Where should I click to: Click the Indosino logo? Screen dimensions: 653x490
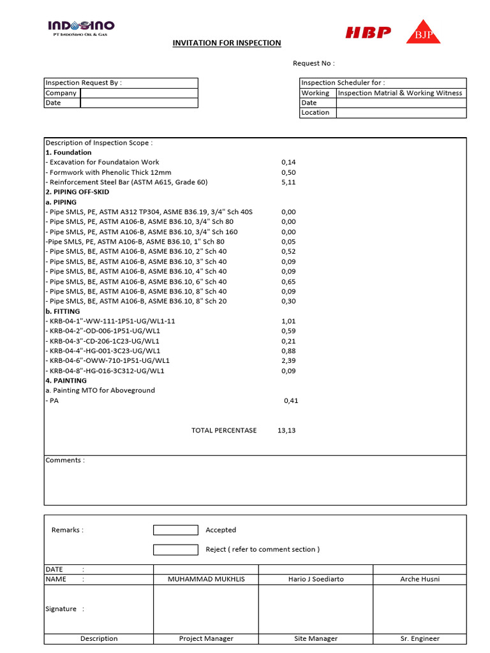point(82,27)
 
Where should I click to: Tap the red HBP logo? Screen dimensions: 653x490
point(368,33)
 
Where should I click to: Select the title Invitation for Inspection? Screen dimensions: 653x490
point(226,43)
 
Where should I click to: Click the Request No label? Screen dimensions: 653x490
point(313,63)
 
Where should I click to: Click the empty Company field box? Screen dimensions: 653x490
point(138,93)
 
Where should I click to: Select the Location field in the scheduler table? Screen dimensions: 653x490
point(401,113)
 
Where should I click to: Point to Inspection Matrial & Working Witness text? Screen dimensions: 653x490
point(400,93)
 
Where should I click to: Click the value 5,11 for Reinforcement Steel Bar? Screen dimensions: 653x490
point(288,182)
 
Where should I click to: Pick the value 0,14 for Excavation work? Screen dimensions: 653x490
point(288,163)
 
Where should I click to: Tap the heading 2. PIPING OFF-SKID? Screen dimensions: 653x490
point(77,192)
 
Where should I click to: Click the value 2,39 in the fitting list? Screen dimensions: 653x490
point(288,360)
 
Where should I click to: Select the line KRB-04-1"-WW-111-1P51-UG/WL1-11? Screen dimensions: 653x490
point(110,321)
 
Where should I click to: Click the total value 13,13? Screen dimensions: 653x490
point(287,430)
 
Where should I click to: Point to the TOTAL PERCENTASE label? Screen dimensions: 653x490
point(224,430)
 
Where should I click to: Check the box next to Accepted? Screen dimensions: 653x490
point(175,530)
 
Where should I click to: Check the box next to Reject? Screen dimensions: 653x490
point(175,550)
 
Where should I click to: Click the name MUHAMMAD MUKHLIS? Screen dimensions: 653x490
point(205,579)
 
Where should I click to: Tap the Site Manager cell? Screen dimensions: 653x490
point(315,638)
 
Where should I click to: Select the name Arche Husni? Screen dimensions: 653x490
point(419,579)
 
